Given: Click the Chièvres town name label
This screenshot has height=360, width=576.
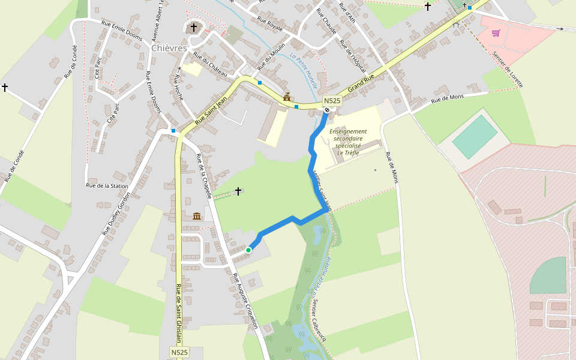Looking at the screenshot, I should [x=169, y=48].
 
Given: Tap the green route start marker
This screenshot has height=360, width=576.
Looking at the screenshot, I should [x=248, y=250].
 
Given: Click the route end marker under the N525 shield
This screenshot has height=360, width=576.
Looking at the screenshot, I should [x=327, y=110].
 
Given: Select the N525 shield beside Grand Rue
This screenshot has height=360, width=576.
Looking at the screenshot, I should [x=332, y=101].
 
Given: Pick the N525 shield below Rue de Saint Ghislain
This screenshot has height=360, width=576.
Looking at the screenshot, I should [x=179, y=353].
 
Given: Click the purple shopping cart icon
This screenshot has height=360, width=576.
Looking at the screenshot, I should [x=496, y=33].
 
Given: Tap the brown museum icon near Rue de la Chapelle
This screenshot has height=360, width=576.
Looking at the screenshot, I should [x=197, y=215].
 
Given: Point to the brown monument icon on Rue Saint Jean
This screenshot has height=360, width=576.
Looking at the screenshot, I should [x=287, y=97].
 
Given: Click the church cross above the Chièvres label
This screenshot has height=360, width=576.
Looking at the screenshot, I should [x=193, y=27].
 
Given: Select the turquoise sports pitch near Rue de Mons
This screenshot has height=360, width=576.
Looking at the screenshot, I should [x=475, y=136].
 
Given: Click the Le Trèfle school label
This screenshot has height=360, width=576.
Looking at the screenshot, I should [x=348, y=142].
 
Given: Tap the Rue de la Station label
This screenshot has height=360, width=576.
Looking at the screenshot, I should [x=107, y=186].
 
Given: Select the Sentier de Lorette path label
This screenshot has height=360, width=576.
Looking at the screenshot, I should [x=508, y=69].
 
